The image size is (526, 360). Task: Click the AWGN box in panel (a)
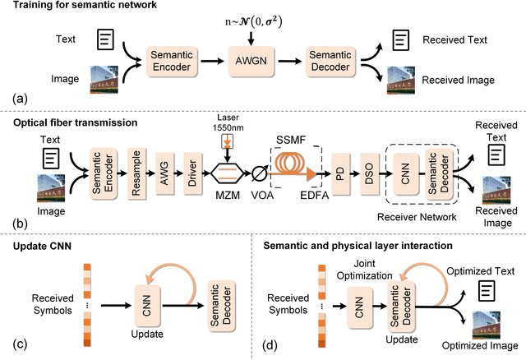pyautogui.click(x=251, y=60)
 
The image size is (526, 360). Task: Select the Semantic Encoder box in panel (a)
pyautogui.click(x=171, y=60)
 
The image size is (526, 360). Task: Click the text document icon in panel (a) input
pyautogui.click(x=105, y=39)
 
